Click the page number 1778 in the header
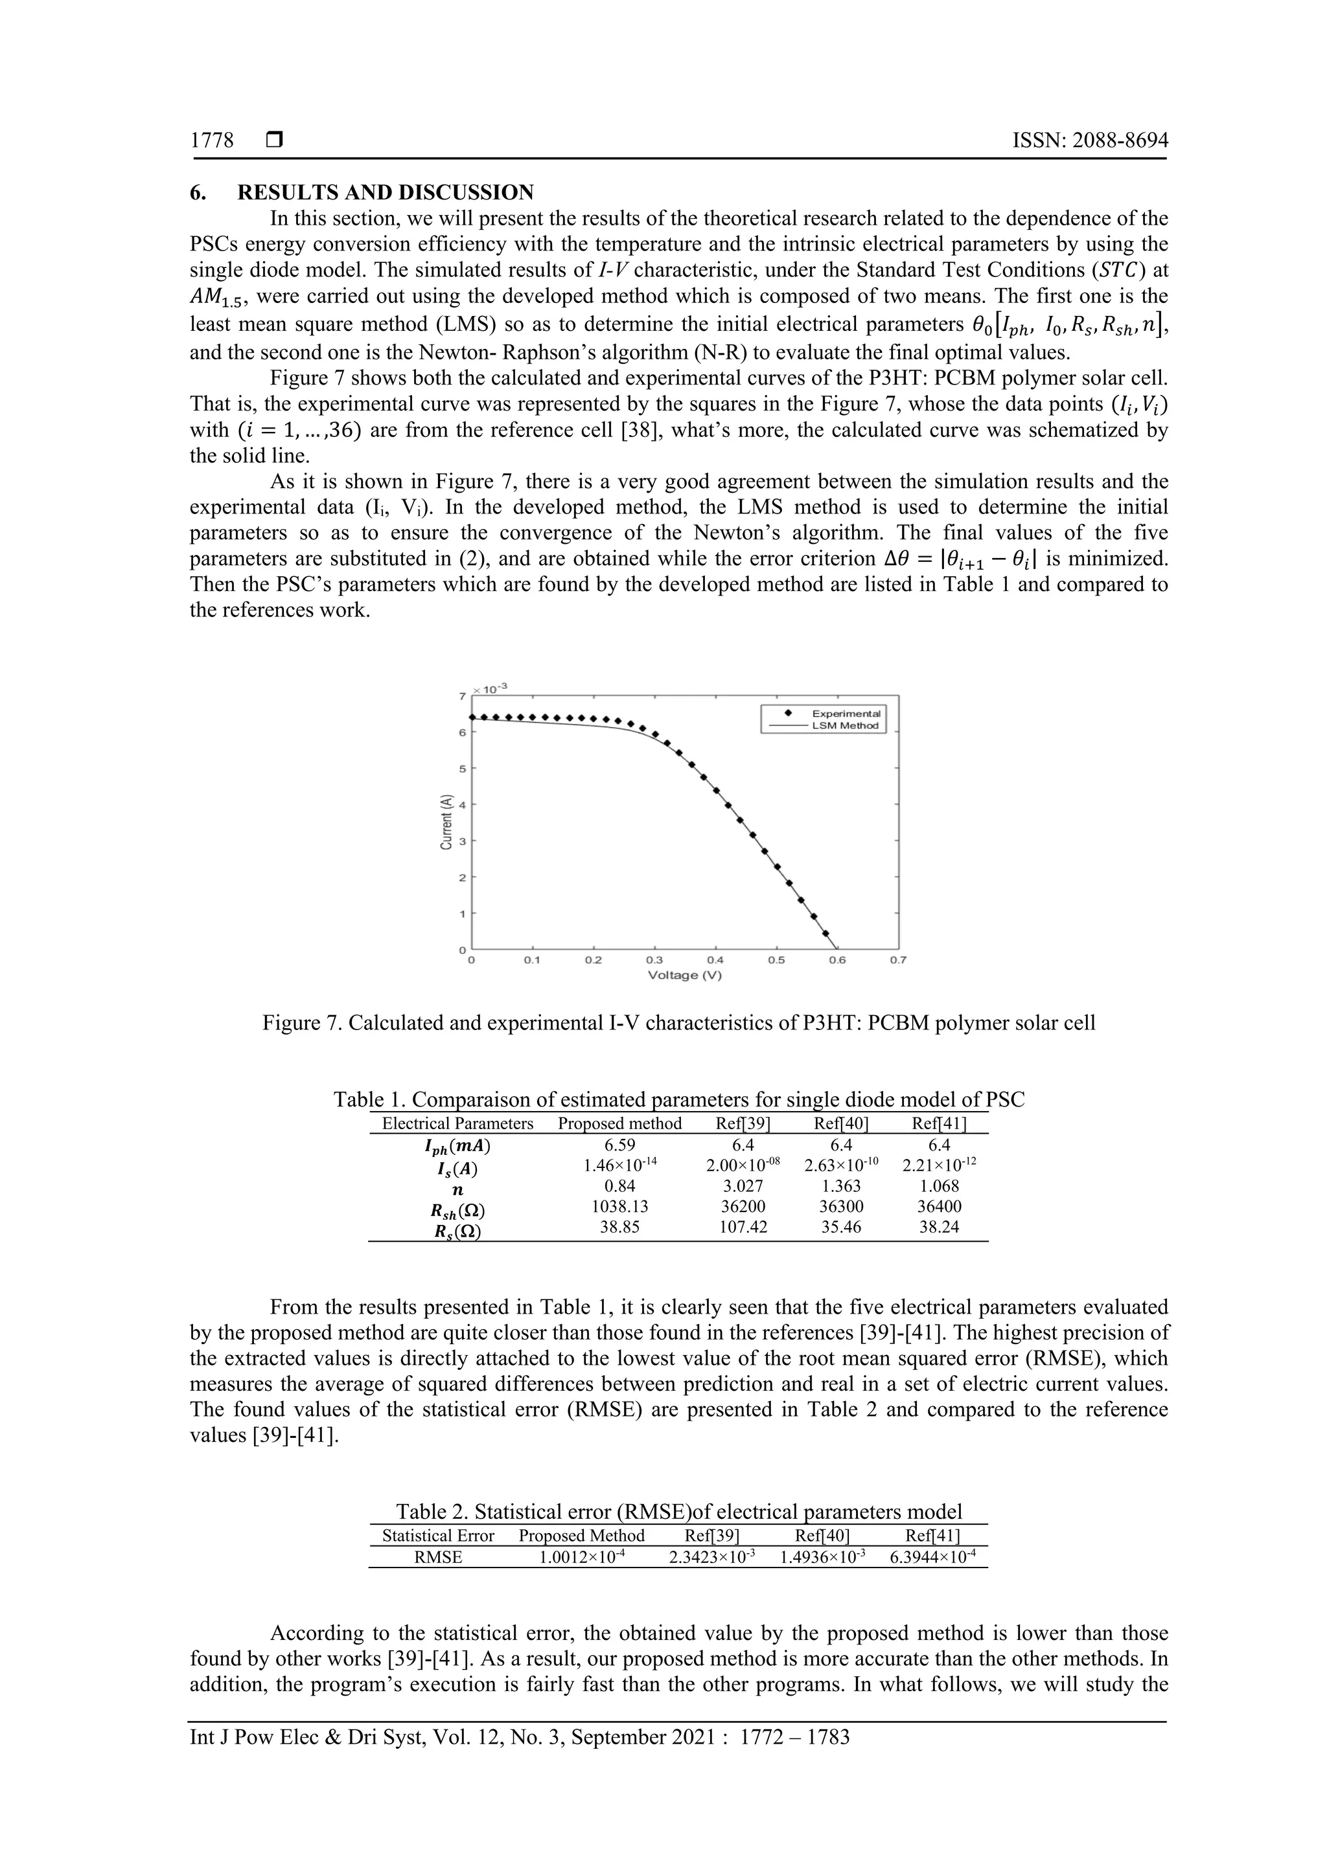pos(212,140)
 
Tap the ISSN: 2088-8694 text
pos(1090,140)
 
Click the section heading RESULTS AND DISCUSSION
pos(385,193)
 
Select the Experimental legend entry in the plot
pos(845,713)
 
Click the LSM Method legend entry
pos(845,725)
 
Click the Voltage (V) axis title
pos(685,975)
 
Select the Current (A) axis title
pos(446,822)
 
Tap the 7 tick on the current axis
pos(463,697)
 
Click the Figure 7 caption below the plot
pos(678,1022)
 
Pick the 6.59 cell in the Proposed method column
pos(619,1146)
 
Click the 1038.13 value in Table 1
pos(619,1206)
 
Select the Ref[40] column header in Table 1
pos(841,1124)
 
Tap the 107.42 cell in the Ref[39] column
pos(743,1227)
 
